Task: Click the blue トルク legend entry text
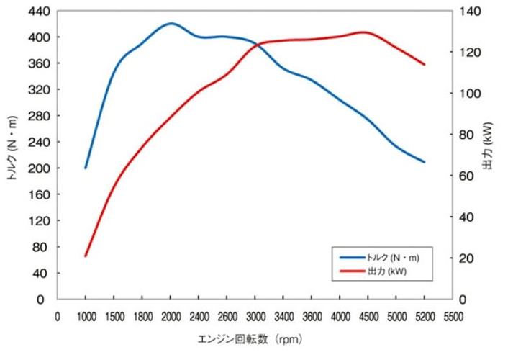391,257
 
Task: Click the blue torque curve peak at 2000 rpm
171,23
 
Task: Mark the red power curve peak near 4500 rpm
363,32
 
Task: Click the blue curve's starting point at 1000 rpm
86,168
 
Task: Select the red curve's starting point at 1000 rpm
86,256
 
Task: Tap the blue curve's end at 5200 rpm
425,162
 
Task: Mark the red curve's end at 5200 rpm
425,65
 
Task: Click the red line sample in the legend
350,271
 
